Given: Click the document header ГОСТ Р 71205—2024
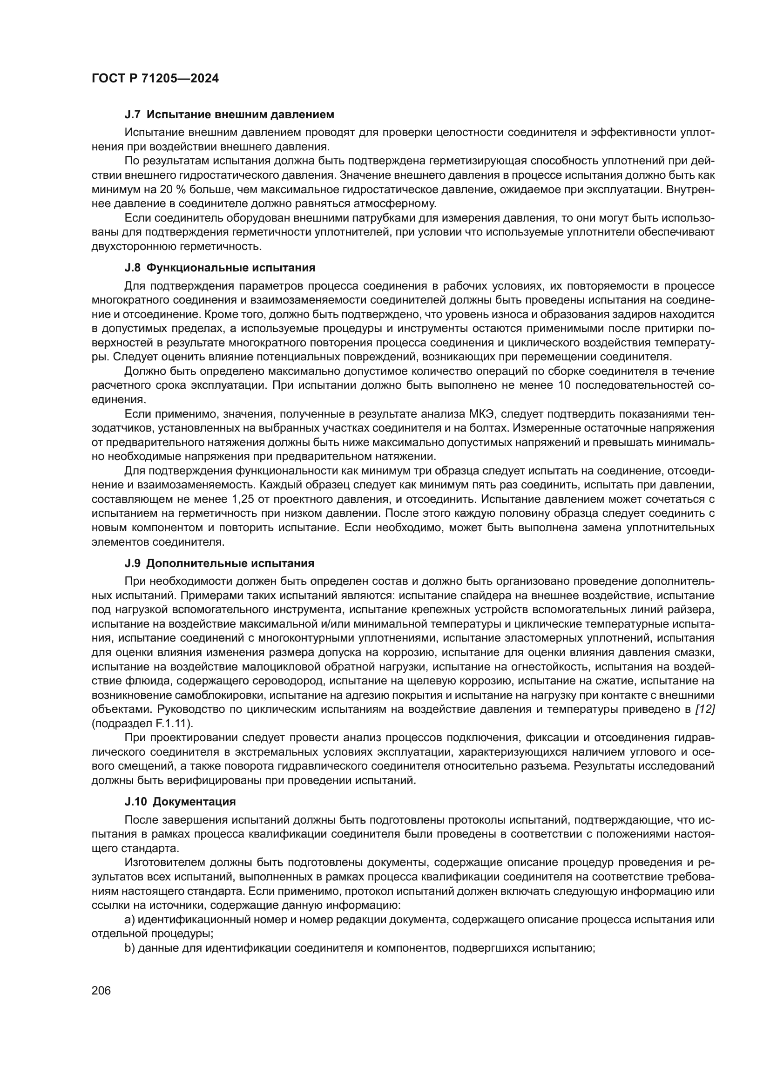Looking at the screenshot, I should pyautogui.click(x=155, y=79).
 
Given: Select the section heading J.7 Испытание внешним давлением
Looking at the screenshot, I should pyautogui.click(x=229, y=115).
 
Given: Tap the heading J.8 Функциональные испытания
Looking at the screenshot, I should pyautogui.click(x=220, y=268).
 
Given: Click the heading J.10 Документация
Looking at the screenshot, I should pyautogui.click(x=180, y=802).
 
